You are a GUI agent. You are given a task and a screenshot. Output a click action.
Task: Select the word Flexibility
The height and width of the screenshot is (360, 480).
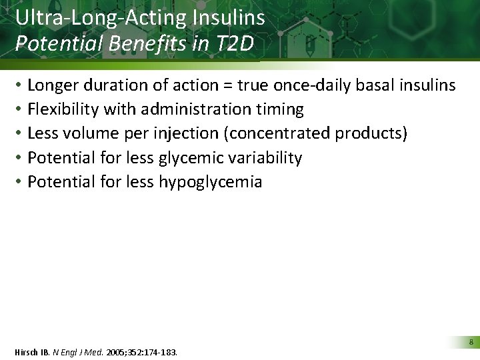tap(68, 109)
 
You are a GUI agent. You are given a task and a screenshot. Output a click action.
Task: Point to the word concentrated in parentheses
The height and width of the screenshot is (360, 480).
tap(277, 133)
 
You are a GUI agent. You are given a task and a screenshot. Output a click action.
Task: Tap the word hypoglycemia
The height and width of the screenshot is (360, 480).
tap(210, 182)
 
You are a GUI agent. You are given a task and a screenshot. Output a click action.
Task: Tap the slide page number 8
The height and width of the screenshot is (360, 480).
tap(471, 342)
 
